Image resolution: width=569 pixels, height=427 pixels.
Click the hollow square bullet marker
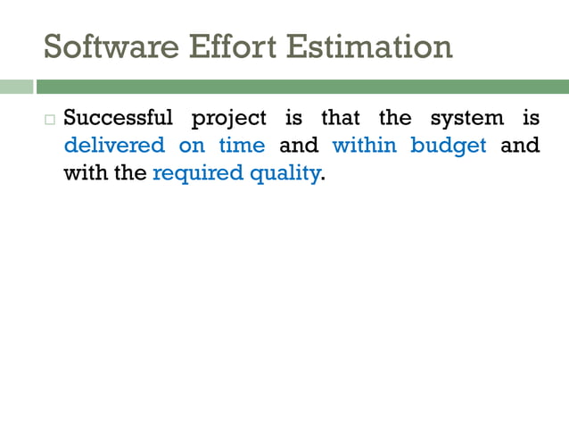pyautogui.click(x=50, y=120)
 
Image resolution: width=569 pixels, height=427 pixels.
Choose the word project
pyautogui.click(x=229, y=119)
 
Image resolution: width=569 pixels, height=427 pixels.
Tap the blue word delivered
pyautogui.click(x=114, y=145)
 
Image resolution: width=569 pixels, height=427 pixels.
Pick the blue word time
pyautogui.click(x=242, y=145)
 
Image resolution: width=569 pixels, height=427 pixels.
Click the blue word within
pyautogui.click(x=365, y=145)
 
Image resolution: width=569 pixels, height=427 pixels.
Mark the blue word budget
pyautogui.click(x=449, y=145)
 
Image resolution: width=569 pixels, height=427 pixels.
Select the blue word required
pyautogui.click(x=197, y=172)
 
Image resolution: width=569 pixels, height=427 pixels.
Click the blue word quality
pyautogui.click(x=284, y=172)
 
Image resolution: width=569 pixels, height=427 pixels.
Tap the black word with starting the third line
pyautogui.click(x=85, y=172)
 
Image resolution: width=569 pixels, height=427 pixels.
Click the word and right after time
pyautogui.click(x=299, y=145)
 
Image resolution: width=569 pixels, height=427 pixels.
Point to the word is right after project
pyautogui.click(x=293, y=118)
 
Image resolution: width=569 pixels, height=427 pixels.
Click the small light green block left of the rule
pyautogui.click(x=15, y=87)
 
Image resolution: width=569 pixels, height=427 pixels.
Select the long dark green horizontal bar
pyautogui.click(x=302, y=87)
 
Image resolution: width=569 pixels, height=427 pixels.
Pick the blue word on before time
pyautogui.click(x=192, y=146)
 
